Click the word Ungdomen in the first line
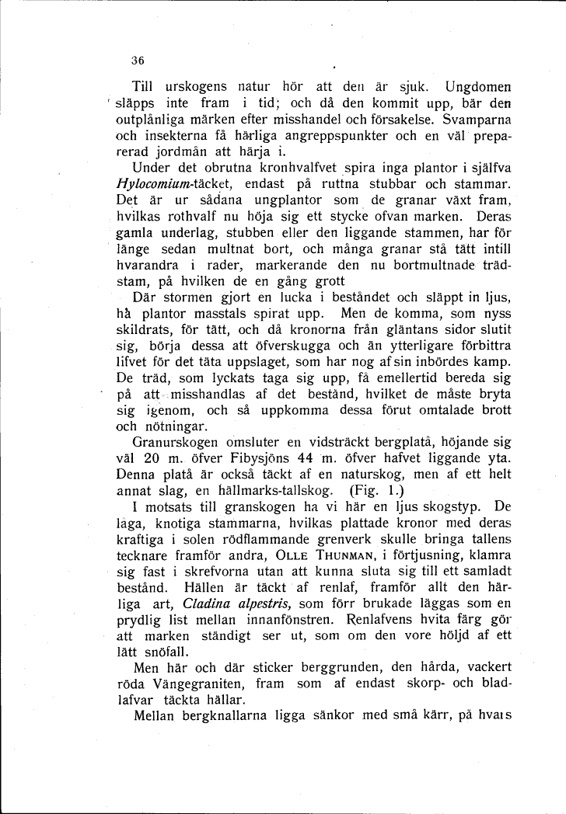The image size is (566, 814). pyautogui.click(x=476, y=85)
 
